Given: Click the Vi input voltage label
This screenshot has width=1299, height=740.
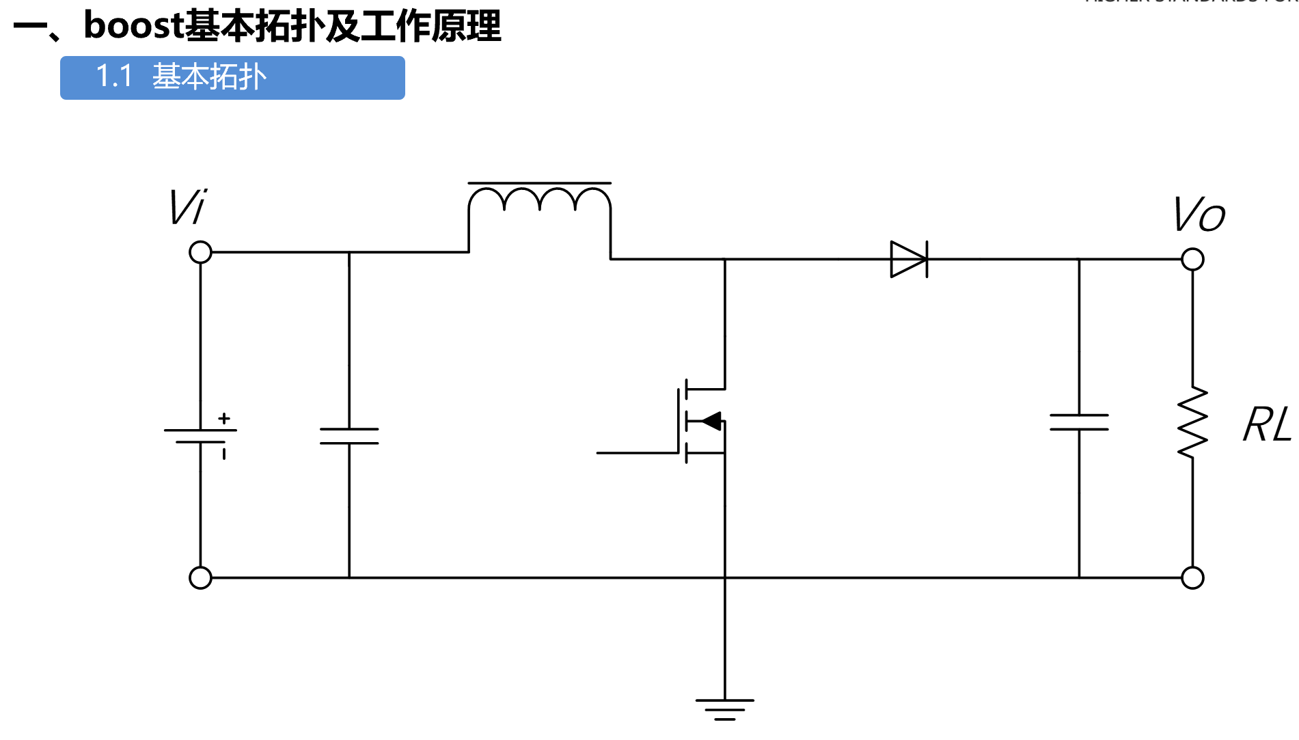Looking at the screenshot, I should pyautogui.click(x=187, y=207).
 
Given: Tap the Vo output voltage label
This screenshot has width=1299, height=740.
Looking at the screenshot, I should pyautogui.click(x=1199, y=215).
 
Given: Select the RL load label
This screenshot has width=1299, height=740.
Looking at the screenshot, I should pyautogui.click(x=1266, y=425).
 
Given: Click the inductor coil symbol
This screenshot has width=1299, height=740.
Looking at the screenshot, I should pyautogui.click(x=539, y=199).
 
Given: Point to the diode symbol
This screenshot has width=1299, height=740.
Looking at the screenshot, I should pyautogui.click(x=909, y=260).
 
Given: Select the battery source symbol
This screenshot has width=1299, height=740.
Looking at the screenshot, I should pyautogui.click(x=200, y=436).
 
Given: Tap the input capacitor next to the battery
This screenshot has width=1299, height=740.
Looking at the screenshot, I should pyautogui.click(x=349, y=436).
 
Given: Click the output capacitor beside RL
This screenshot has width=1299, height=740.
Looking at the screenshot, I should pyautogui.click(x=1079, y=422).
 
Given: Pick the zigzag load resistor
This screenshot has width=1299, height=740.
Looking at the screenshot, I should pyautogui.click(x=1192, y=422).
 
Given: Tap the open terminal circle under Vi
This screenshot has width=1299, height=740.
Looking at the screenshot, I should pyautogui.click(x=200, y=252).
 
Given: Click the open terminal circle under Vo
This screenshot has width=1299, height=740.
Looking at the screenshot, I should pyautogui.click(x=1192, y=260).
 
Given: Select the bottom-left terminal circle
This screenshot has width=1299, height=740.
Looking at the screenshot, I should pyautogui.click(x=200, y=577).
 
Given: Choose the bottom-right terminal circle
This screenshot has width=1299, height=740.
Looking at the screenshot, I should pyautogui.click(x=1192, y=577).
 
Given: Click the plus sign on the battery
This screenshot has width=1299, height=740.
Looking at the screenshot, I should pyautogui.click(x=224, y=418).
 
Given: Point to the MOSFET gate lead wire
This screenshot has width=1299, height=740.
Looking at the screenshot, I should pyautogui.click(x=635, y=453).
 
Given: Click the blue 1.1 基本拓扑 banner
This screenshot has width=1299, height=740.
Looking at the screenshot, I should pyautogui.click(x=232, y=78).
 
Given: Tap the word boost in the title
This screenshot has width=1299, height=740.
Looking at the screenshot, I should pyautogui.click(x=134, y=25).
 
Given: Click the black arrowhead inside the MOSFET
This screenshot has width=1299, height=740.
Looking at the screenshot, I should pyautogui.click(x=712, y=421).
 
